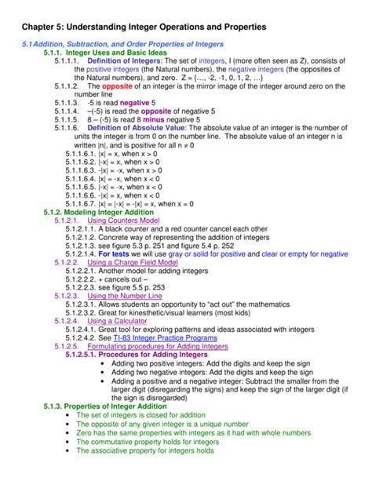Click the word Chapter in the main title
42,27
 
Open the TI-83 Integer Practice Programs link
165,338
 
